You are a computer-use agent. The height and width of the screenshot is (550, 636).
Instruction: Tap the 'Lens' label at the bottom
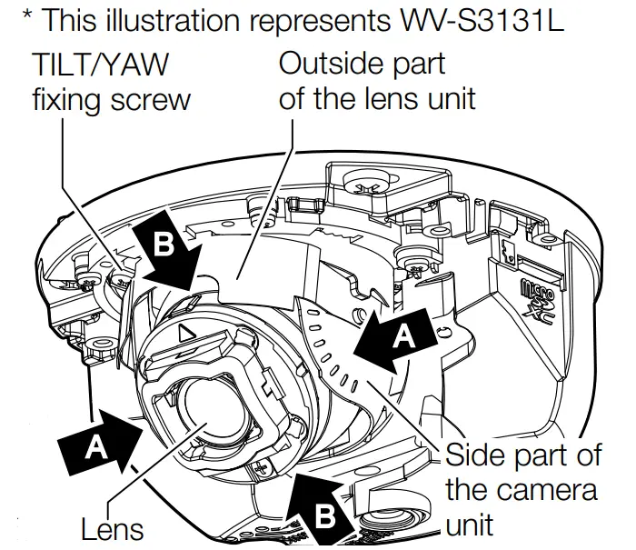coord(111,528)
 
